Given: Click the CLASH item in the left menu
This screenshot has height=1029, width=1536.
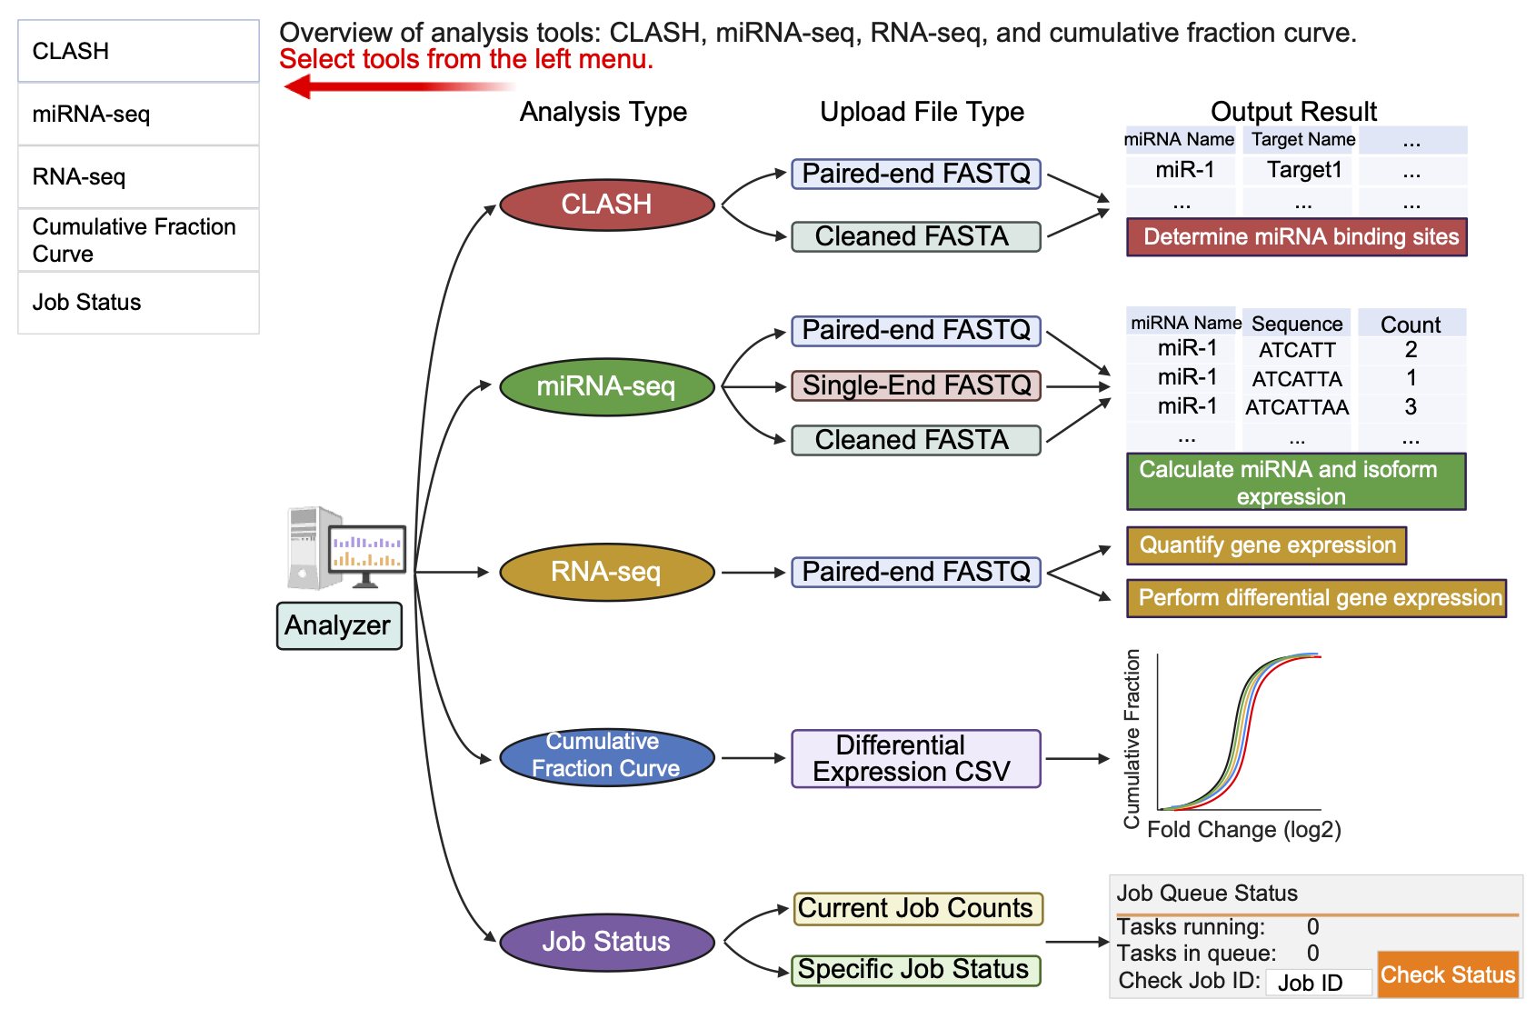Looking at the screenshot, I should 138,51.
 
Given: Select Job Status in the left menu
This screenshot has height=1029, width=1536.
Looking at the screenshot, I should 138,303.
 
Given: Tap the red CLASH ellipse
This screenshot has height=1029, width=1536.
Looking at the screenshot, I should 606,205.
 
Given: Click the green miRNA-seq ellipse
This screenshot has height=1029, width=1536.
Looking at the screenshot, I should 606,386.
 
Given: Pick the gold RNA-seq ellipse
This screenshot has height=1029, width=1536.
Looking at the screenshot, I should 606,572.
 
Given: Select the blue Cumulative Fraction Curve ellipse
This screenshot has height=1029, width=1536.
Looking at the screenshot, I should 606,755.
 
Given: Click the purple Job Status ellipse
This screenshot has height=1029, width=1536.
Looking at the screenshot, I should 606,942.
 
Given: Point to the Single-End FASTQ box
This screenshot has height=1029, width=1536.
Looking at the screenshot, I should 916,385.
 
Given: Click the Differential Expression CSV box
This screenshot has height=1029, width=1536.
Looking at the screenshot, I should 916,758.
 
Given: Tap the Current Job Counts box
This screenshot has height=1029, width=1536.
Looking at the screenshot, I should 916,908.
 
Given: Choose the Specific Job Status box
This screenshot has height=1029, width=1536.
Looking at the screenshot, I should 914,970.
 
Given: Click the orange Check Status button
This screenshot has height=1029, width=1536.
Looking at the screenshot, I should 1448,974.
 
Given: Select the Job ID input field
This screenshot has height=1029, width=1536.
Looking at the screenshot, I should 1318,983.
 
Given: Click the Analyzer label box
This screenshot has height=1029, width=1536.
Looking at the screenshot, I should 338,625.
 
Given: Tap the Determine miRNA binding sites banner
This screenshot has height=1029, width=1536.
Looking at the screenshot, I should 1297,237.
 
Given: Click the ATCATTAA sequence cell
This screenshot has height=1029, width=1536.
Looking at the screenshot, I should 1297,407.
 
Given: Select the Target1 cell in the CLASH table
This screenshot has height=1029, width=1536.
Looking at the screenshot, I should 1303,170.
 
